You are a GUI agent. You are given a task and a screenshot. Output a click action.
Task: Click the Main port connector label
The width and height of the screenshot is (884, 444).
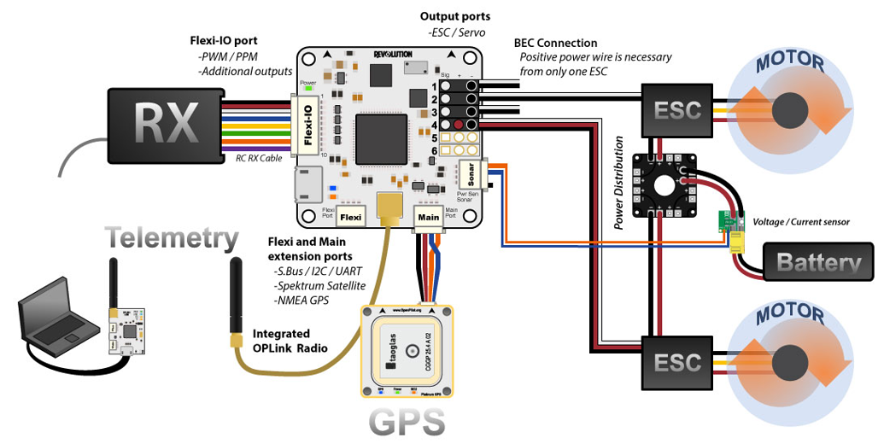coord(428,217)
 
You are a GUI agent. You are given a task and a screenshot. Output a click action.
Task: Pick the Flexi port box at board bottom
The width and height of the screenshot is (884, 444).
coord(354,217)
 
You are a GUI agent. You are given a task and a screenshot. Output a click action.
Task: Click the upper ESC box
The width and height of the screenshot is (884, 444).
coord(677,110)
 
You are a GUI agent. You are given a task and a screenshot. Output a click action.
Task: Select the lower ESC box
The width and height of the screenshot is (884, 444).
coord(677,361)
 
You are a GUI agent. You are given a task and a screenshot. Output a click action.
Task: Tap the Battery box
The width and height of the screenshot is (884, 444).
coord(817,263)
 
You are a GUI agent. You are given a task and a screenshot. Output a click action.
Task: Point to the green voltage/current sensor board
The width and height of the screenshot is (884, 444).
coord(727,221)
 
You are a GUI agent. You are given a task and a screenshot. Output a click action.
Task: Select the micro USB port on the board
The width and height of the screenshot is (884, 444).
coord(306,183)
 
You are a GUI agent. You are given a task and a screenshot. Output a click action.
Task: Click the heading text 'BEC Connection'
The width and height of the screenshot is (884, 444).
coord(555,43)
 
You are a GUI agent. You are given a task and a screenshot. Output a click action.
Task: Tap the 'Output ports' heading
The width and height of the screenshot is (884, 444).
coord(455,16)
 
